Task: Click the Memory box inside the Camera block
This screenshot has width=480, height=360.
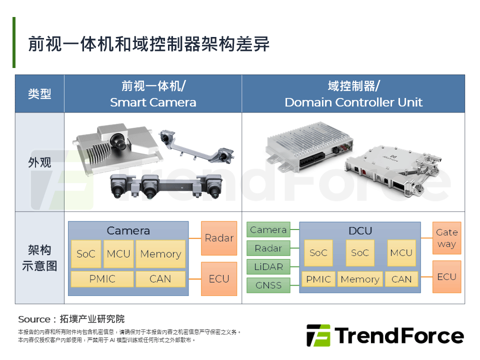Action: click(160, 254)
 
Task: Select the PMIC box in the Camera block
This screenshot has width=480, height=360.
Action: click(102, 279)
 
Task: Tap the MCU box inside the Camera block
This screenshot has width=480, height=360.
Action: click(118, 254)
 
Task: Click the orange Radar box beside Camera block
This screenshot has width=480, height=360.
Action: click(219, 238)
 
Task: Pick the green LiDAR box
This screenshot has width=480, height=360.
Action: click(268, 266)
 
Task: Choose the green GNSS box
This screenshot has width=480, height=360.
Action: click(268, 285)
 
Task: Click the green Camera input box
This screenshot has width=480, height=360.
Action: click(268, 229)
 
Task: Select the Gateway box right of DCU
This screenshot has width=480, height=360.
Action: click(447, 238)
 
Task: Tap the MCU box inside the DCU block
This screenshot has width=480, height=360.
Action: click(401, 253)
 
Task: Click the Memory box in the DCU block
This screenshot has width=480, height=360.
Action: click(360, 279)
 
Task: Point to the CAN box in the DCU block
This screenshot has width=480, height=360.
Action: click(401, 279)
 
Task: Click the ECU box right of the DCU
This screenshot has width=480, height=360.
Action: click(447, 276)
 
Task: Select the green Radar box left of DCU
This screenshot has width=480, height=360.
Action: click(268, 248)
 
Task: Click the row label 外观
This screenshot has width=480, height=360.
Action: click(39, 162)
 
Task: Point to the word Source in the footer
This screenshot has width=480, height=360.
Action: click(34, 319)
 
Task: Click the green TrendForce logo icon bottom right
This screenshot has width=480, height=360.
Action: click(318, 335)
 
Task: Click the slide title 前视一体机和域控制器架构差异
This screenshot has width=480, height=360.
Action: click(149, 44)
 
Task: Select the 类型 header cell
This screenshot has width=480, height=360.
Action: click(39, 93)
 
